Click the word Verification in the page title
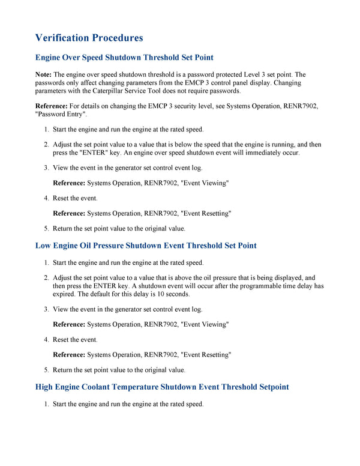click(x=62, y=38)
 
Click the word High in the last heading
click(x=47, y=387)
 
